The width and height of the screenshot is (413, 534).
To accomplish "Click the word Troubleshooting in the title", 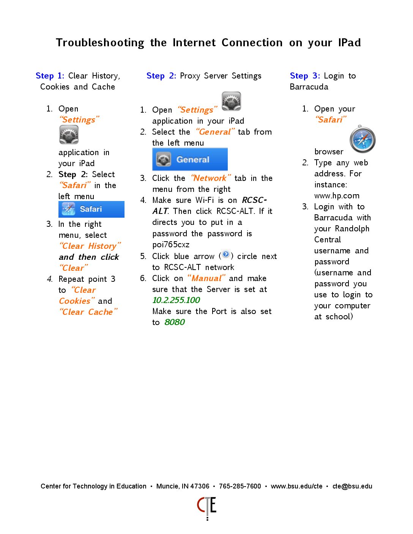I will tap(100, 43).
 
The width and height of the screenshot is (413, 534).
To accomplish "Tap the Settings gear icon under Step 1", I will tap(69, 135).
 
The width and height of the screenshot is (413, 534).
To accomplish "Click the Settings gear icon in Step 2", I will tap(231, 101).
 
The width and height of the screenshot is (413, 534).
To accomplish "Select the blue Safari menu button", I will tap(91, 209).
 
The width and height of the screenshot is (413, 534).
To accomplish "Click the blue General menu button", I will tap(190, 159).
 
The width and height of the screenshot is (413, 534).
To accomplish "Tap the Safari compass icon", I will tap(363, 140).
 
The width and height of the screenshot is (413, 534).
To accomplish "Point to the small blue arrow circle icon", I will tap(226, 254).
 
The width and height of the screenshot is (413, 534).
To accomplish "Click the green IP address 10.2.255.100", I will tap(176, 300).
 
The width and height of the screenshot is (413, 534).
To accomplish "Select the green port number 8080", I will tap(175, 322).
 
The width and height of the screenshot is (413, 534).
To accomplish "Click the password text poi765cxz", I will tap(171, 245).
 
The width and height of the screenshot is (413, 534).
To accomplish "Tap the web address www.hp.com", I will tap(337, 196).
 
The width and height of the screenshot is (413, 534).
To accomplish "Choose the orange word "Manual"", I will tap(206, 278).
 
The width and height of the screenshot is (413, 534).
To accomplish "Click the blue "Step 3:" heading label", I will tap(305, 76).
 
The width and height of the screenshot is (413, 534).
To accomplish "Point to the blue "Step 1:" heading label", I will tap(50, 76).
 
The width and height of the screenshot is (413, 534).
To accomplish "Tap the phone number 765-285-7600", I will tap(240, 486).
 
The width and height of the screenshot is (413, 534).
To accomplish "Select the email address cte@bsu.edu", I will tap(352, 486).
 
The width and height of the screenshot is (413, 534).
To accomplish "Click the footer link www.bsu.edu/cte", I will tap(296, 486).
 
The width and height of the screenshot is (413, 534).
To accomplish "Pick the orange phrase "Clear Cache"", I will tap(88, 312).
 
